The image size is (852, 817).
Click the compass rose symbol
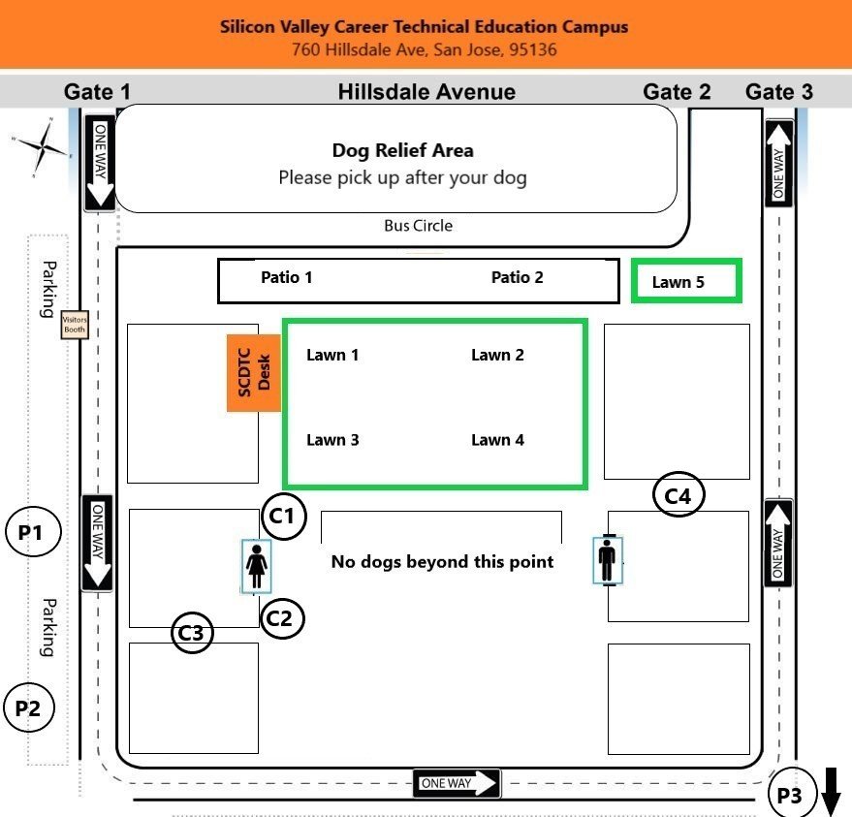click(x=42, y=147)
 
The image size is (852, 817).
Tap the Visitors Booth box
click(x=75, y=325)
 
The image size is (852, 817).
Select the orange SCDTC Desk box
click(x=254, y=373)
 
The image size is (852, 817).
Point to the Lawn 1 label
click(x=332, y=355)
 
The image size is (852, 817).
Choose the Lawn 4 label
click(x=497, y=440)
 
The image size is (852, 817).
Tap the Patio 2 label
click(x=517, y=277)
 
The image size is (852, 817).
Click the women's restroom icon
click(x=257, y=566)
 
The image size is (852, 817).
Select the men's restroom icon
click(x=607, y=560)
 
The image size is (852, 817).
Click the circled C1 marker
click(x=282, y=516)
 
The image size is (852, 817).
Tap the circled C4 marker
click(x=678, y=495)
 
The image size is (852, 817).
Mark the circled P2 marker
click(x=28, y=707)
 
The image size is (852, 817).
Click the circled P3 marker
click(x=791, y=796)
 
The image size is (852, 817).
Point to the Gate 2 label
click(x=677, y=92)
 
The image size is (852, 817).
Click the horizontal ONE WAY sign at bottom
click(x=457, y=783)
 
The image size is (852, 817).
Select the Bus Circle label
click(x=419, y=226)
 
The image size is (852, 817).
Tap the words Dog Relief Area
click(x=402, y=150)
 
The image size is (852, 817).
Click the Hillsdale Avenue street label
click(x=426, y=92)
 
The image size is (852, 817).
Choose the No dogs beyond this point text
click(x=442, y=561)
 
